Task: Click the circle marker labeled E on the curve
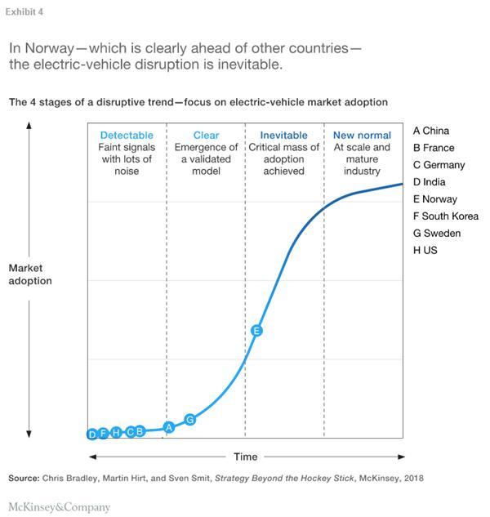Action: pos(256,331)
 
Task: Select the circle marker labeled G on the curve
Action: pos(190,419)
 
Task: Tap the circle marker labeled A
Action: pos(169,426)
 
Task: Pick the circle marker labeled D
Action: pos(92,435)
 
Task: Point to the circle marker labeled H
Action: pos(117,432)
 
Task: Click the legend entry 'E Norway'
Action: pos(435,199)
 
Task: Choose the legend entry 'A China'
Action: pos(431,131)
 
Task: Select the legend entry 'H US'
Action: pos(425,251)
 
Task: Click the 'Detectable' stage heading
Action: pos(127,136)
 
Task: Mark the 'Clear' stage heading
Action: pos(206,136)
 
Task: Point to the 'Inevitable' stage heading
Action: pos(283,136)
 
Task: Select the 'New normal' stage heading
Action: pos(362,136)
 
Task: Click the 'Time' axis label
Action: pos(245,457)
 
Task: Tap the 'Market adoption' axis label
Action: pos(30,274)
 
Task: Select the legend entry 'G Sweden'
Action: pos(437,234)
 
